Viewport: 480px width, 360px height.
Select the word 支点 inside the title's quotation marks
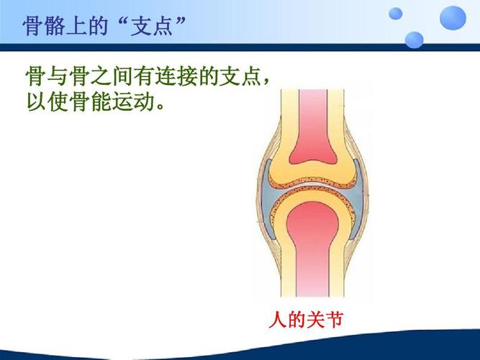(152, 27)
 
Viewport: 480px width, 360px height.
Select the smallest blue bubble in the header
(395, 13)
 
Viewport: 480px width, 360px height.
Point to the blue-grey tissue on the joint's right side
(358, 205)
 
